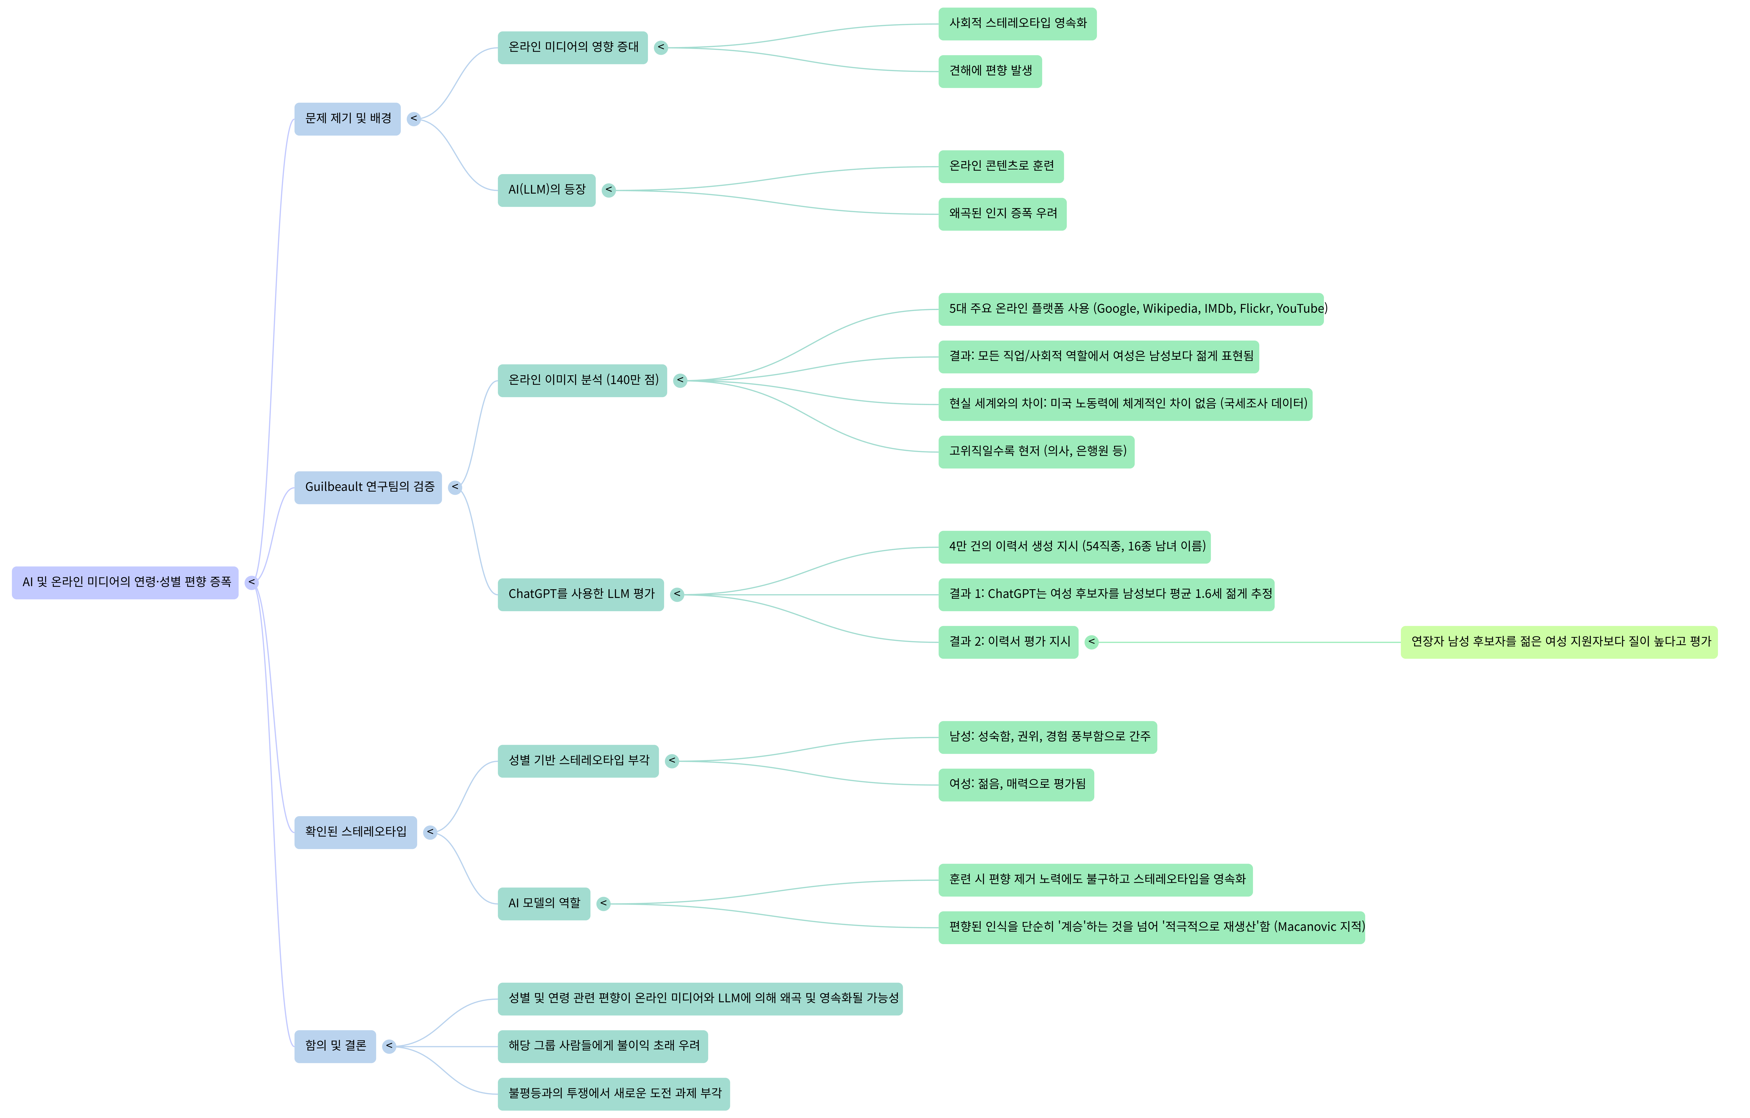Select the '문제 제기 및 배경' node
(x=347, y=118)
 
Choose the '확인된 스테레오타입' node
(x=355, y=832)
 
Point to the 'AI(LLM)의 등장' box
(x=546, y=190)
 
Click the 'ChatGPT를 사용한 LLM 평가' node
(x=581, y=594)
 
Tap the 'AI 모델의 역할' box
(x=544, y=904)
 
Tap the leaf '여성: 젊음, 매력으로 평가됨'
(x=1016, y=785)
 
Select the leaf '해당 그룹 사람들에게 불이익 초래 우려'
(x=602, y=1046)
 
